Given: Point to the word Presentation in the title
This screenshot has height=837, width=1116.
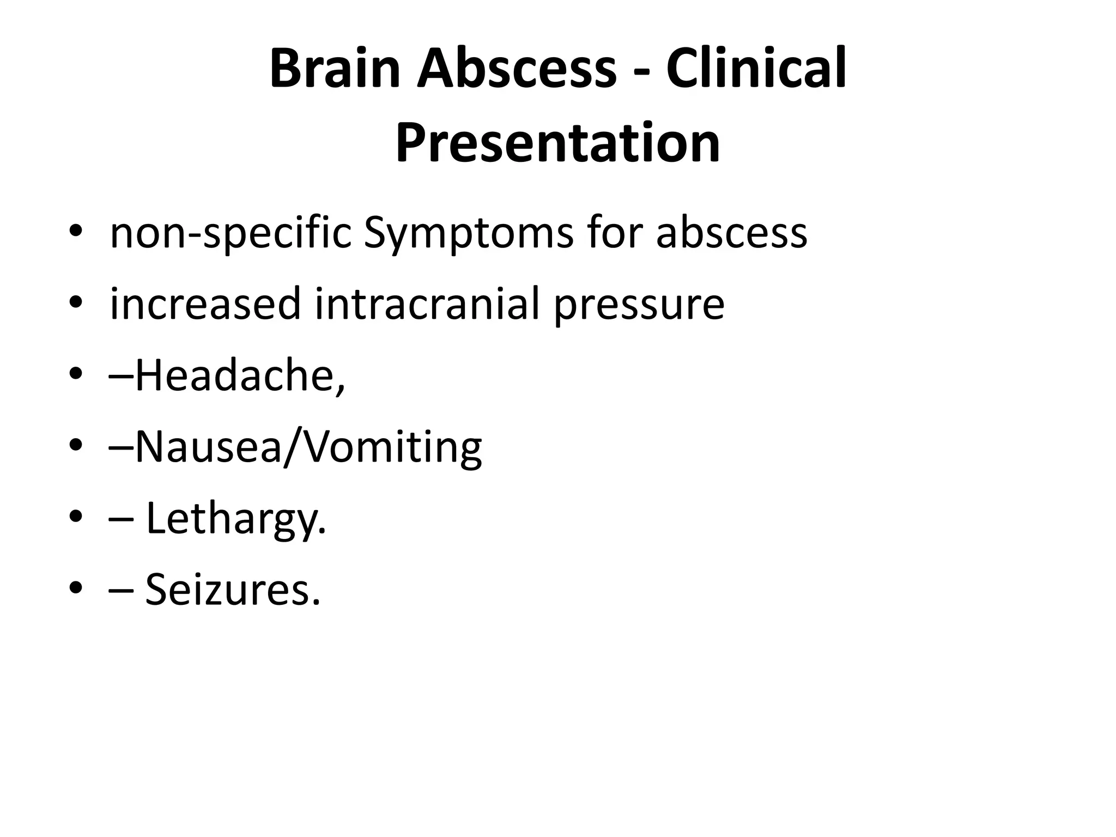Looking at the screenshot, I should tap(557, 143).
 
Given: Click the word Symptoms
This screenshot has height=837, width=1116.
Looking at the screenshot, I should tap(468, 233).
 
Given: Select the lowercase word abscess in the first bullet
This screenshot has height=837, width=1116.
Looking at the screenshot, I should tap(731, 233).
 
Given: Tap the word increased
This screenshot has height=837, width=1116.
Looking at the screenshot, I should tap(205, 304).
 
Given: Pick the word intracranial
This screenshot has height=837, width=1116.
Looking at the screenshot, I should tap(427, 304).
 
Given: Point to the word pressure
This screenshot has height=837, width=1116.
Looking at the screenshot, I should tap(639, 304).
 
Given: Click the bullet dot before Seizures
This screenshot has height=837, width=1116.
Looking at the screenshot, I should tap(76, 589).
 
